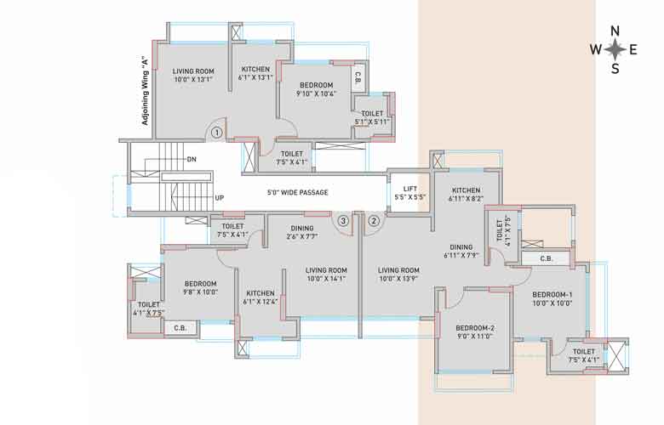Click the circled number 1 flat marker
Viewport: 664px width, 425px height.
click(217, 133)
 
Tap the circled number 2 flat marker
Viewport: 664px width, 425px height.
click(374, 220)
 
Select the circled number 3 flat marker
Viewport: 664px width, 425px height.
click(343, 220)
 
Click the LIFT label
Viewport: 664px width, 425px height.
click(410, 189)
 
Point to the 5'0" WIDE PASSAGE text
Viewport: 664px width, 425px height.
click(298, 192)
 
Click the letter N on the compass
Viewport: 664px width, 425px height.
click(615, 31)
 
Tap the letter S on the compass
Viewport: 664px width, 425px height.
click(615, 68)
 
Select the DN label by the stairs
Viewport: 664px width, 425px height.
click(192, 160)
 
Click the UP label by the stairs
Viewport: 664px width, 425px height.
click(220, 198)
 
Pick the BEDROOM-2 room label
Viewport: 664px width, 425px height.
click(475, 328)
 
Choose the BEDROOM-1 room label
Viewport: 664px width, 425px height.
click(552, 294)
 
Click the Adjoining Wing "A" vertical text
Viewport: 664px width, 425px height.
click(146, 90)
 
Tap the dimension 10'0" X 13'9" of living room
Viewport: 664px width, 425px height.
click(399, 278)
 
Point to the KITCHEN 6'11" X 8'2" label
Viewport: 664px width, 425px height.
click(466, 194)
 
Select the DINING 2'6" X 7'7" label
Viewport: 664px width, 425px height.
click(302, 232)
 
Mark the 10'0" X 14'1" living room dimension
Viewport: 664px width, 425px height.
click(327, 278)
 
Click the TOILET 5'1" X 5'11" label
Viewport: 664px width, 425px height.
click(372, 117)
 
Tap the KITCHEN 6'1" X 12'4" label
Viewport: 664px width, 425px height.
click(260, 297)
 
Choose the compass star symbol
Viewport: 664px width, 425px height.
click(615, 49)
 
